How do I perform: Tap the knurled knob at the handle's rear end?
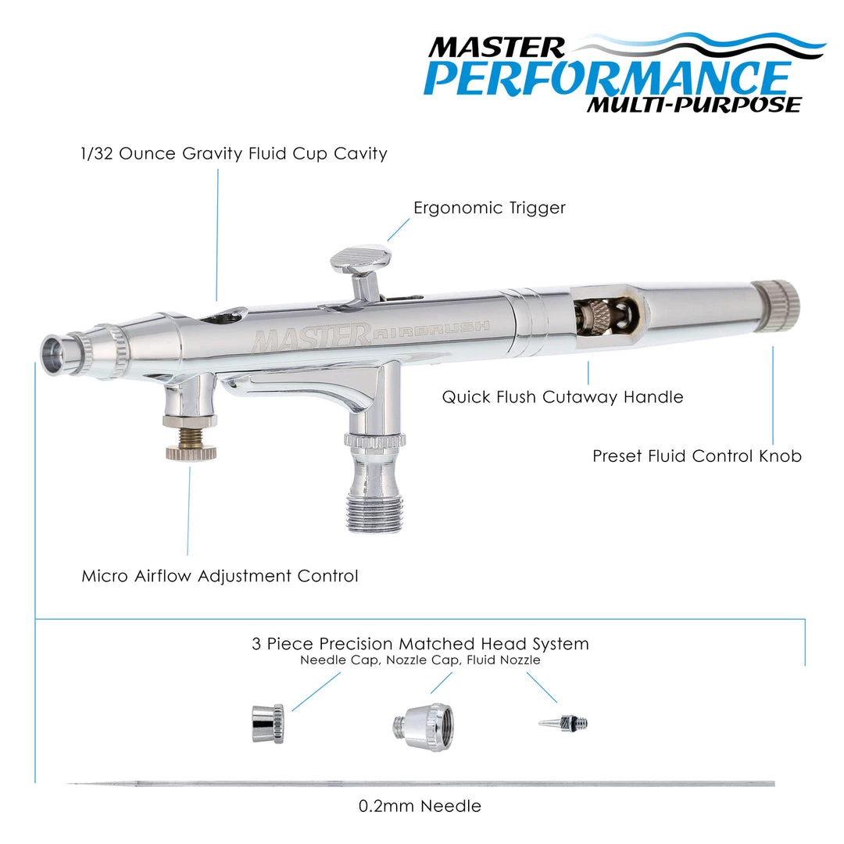(x=776, y=306)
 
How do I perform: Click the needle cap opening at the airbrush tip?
(x=54, y=356)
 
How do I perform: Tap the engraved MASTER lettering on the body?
(x=312, y=336)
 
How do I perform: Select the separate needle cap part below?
(x=268, y=723)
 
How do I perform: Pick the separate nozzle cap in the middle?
(x=423, y=726)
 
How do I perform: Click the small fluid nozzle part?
(x=563, y=722)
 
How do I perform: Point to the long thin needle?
(x=420, y=784)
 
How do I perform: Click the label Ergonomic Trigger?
(x=489, y=208)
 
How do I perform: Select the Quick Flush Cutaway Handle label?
(x=563, y=397)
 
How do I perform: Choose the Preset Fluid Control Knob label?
(x=697, y=456)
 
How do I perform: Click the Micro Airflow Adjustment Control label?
(x=220, y=576)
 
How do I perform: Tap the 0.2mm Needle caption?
(x=420, y=806)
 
